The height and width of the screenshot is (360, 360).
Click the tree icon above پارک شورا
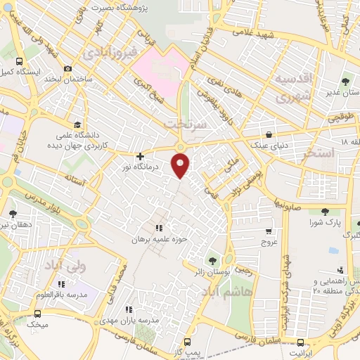(x=324, y=211)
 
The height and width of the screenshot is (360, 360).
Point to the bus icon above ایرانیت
(x=301, y=342)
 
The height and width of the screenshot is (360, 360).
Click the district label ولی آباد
(x=65, y=265)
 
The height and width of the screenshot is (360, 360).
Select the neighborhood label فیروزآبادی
(x=108, y=53)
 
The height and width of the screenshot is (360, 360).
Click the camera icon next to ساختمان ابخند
(x=67, y=69)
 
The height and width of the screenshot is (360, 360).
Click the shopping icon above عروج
(x=268, y=231)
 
